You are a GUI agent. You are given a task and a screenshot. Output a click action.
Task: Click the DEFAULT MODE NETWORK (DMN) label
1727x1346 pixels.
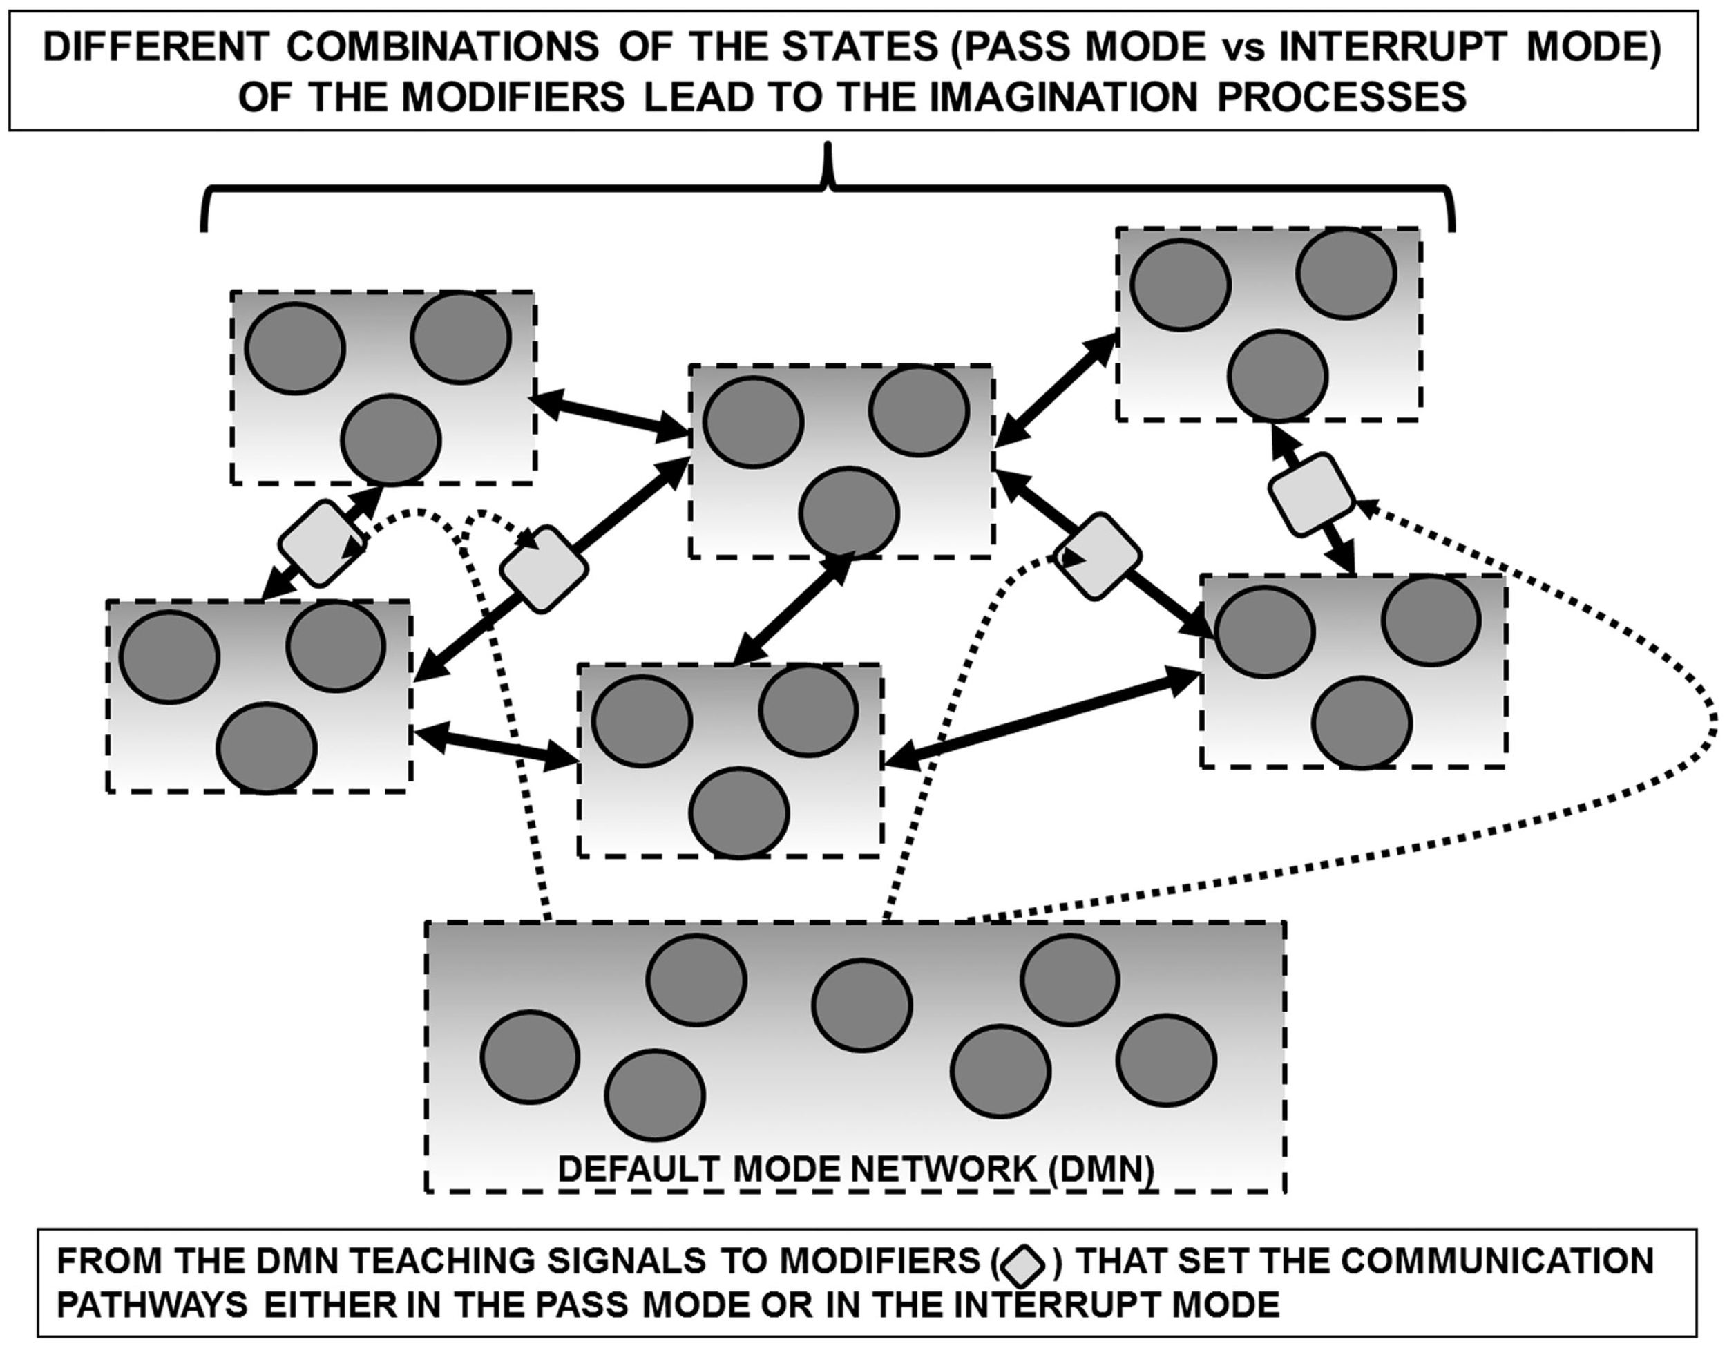(x=856, y=1169)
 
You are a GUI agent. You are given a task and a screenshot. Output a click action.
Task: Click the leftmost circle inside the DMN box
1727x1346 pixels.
(x=530, y=1056)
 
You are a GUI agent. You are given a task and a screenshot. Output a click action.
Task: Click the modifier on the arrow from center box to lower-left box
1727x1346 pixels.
(x=545, y=569)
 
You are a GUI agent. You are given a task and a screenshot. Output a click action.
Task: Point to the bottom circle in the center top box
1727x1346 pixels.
(x=848, y=513)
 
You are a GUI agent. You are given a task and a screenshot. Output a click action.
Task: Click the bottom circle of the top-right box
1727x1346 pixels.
(x=1277, y=375)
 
